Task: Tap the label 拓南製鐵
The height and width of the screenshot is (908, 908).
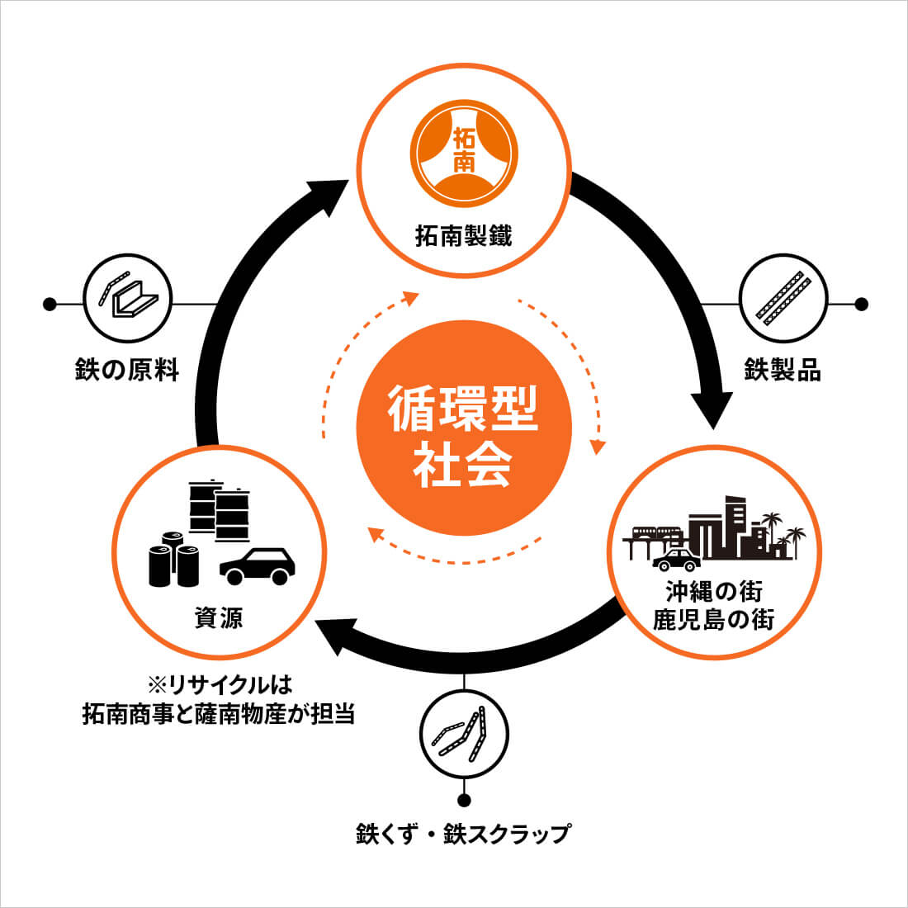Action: pos(464,238)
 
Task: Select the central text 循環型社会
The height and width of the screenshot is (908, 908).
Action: pos(464,435)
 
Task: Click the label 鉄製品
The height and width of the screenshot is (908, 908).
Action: pos(783,370)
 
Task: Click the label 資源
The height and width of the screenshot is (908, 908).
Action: pos(219,618)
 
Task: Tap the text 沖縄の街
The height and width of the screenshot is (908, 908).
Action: pos(715,591)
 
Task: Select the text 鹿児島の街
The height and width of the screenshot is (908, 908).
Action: pos(715,619)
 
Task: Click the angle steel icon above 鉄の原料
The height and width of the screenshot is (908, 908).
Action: pos(127,297)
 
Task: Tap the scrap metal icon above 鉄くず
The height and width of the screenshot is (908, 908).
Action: pos(464,733)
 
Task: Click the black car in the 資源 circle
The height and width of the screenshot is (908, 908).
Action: pos(258,565)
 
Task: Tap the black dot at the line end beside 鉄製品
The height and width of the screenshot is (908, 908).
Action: pos(861,305)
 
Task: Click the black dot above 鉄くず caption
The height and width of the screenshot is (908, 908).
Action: pos(464,800)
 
